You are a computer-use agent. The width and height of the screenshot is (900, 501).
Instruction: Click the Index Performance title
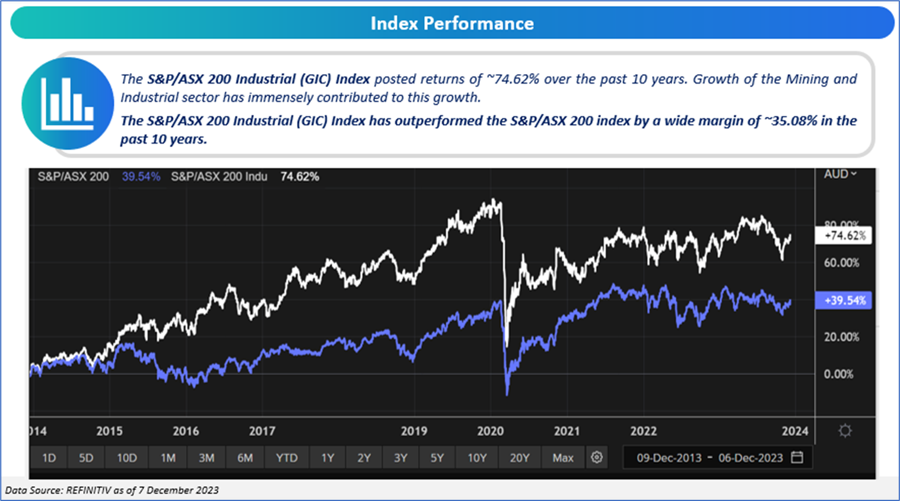coord(452,24)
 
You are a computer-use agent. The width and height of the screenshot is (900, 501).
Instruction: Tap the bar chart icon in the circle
coord(67,103)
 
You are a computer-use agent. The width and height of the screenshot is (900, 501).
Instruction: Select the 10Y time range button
coord(477,458)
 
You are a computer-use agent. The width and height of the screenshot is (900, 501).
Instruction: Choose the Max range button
coord(562,458)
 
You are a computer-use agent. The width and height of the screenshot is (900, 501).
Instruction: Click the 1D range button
coord(49,458)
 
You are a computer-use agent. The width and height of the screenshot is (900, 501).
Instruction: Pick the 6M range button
coord(245,458)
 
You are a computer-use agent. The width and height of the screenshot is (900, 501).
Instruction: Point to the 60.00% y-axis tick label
coord(841,263)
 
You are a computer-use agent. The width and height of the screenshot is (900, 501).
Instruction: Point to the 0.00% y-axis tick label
coord(838,374)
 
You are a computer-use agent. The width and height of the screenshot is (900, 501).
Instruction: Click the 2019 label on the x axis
coord(414,431)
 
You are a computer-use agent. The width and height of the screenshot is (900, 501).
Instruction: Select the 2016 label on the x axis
coord(186,431)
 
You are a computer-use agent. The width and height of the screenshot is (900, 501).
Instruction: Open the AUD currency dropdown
coord(840,174)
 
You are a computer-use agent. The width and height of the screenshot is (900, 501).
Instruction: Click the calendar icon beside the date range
coord(797,458)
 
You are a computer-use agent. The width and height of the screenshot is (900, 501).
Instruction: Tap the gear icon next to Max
coord(597,458)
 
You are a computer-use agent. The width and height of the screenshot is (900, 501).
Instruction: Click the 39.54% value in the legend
coord(141,177)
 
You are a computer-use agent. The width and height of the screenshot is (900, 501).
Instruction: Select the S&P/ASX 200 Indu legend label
coord(219,177)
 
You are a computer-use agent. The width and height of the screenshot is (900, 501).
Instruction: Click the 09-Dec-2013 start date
coord(669,458)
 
